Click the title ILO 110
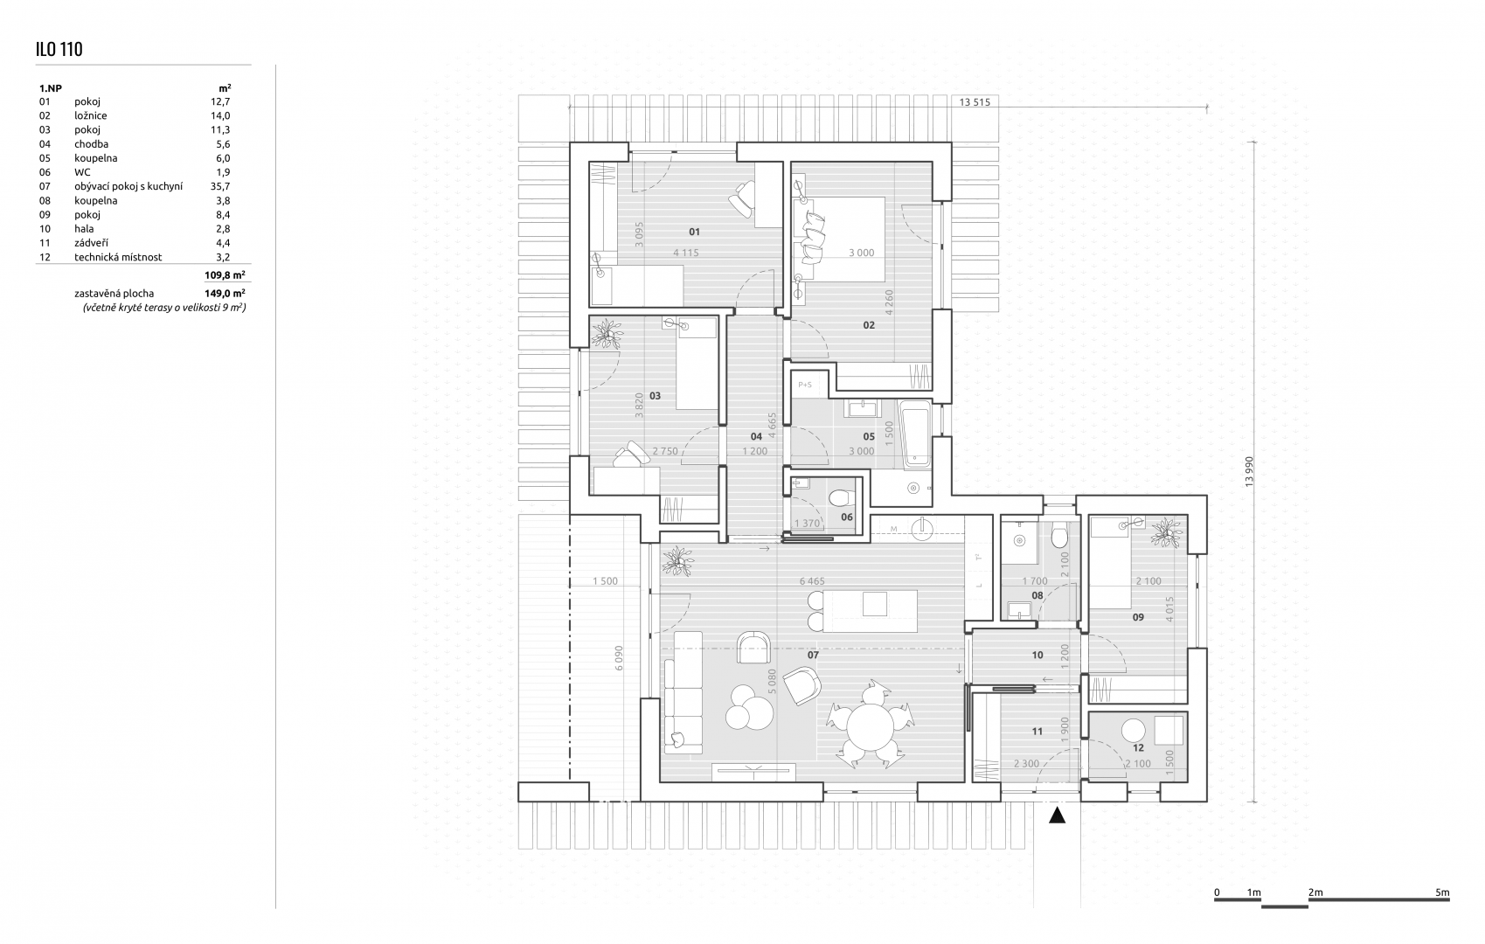coord(59,49)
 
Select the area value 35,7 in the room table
coord(220,186)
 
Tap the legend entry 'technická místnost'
coord(118,257)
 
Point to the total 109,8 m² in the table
coord(225,274)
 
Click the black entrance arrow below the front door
coord(1057,815)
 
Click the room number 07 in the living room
coord(813,655)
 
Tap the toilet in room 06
coord(842,496)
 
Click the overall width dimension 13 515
coord(975,102)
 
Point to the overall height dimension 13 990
coord(1249,472)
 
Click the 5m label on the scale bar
coord(1442,892)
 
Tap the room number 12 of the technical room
coord(1138,748)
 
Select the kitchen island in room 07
coord(870,611)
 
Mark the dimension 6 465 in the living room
coord(811,581)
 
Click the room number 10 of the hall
coord(1037,655)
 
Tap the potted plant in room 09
coord(1167,532)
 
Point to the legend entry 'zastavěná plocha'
coord(114,293)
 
